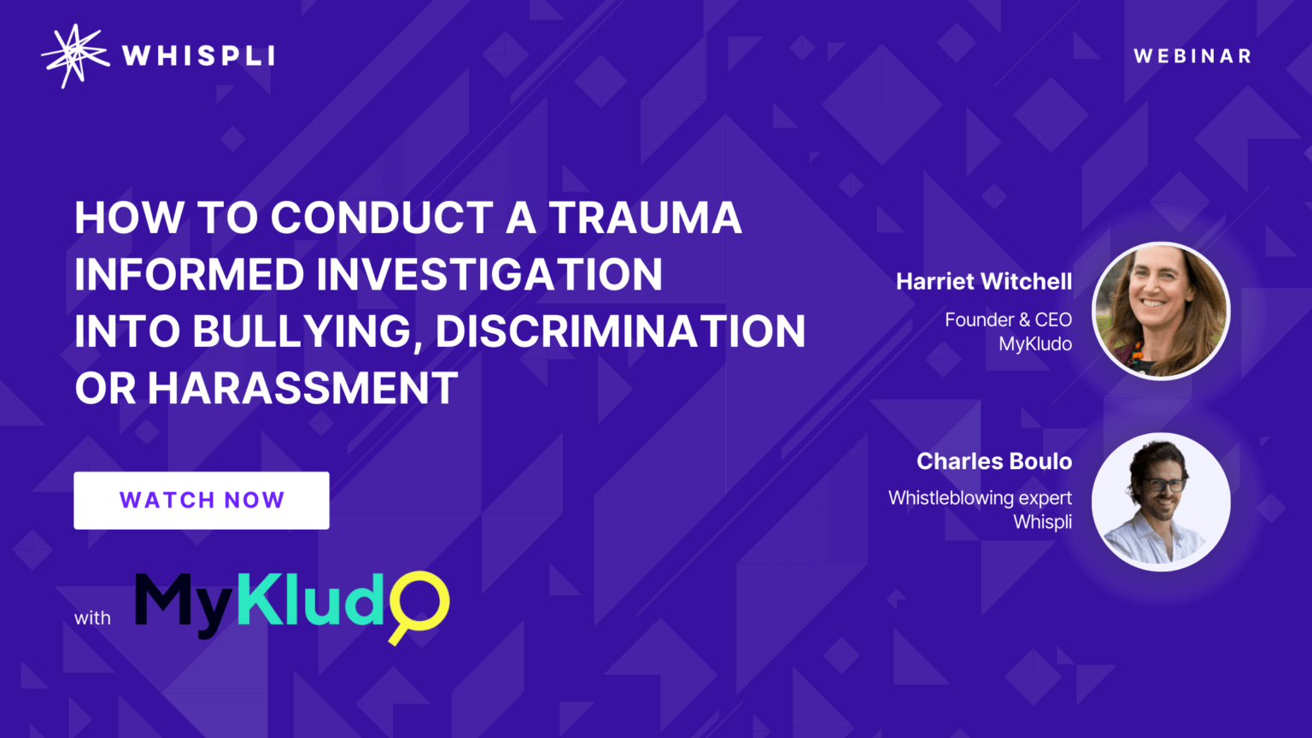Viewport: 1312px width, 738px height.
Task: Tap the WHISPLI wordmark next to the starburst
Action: click(198, 56)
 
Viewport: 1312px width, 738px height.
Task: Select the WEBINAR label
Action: click(1192, 56)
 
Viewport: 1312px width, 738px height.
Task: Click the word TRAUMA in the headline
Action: click(645, 218)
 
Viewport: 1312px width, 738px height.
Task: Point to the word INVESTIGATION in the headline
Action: click(489, 275)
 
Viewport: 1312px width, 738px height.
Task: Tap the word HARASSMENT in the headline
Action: click(303, 389)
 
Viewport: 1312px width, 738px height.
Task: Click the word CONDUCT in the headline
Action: click(382, 218)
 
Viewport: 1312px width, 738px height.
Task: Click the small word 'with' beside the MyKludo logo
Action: click(92, 618)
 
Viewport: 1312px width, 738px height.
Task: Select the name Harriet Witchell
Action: click(983, 281)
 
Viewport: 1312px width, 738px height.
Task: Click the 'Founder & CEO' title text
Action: click(1008, 319)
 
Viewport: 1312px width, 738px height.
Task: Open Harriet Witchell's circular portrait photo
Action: click(1161, 311)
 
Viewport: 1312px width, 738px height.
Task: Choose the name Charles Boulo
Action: click(993, 461)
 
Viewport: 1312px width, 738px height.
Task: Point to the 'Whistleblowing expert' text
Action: click(980, 498)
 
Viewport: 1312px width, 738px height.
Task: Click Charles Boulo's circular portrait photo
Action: click(1161, 502)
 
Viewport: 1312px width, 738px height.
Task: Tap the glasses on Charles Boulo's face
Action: click(1163, 485)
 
